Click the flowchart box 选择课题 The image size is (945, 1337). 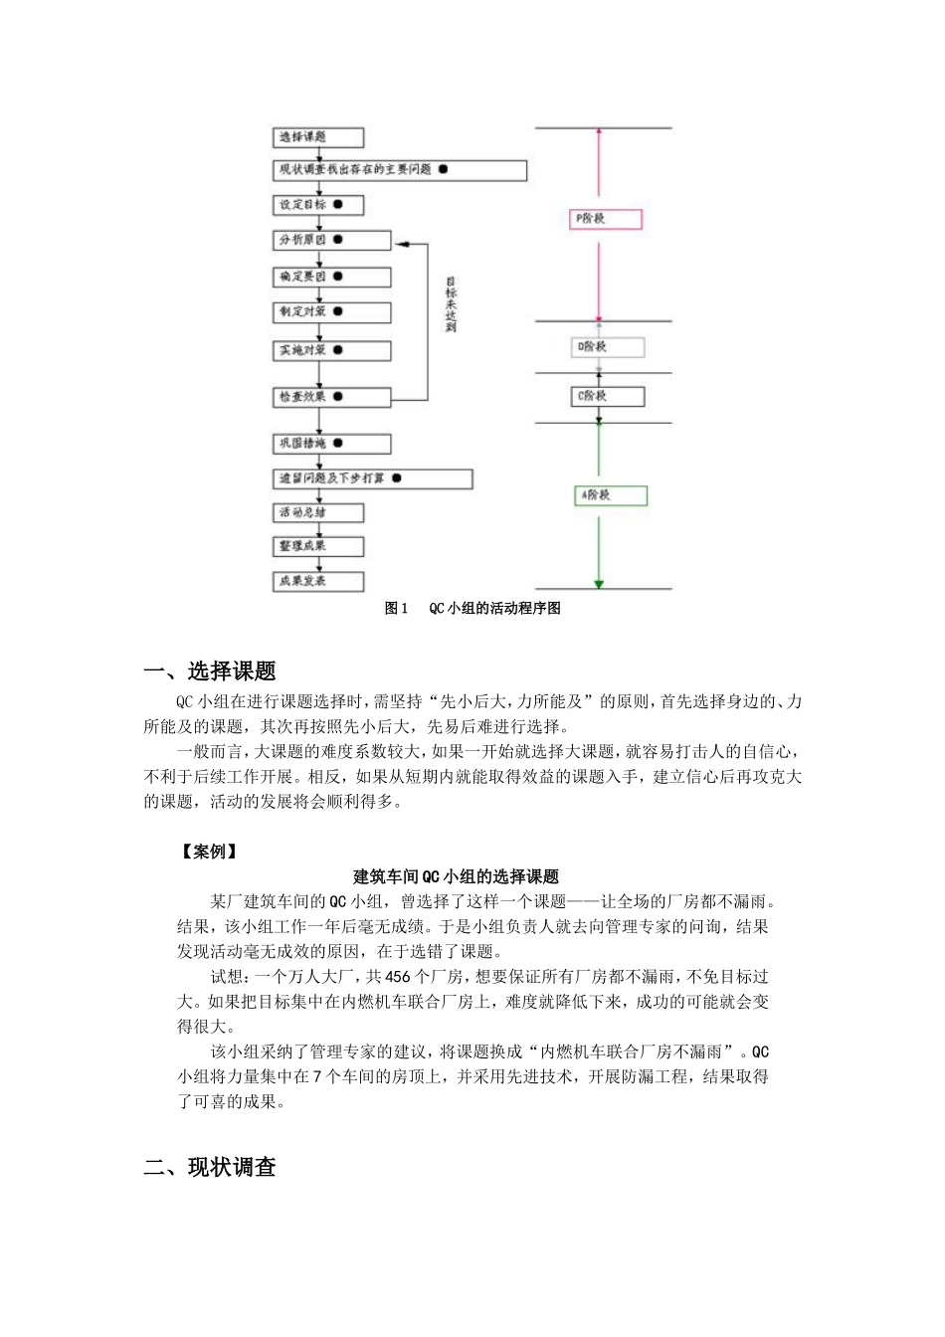click(x=318, y=137)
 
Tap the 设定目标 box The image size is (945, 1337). click(x=318, y=205)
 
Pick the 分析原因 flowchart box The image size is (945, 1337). click(x=332, y=240)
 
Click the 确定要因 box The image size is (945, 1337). click(x=332, y=277)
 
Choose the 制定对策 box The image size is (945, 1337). click(x=332, y=312)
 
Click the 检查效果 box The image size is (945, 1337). click(x=332, y=397)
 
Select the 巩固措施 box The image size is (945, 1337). click(x=332, y=444)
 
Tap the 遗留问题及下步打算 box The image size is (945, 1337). click(x=372, y=478)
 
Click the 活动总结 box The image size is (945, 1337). click(x=318, y=513)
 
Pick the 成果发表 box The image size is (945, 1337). click(x=318, y=581)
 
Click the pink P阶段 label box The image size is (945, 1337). click(x=605, y=219)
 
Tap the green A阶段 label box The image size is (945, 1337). click(x=611, y=494)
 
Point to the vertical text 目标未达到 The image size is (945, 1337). click(x=451, y=304)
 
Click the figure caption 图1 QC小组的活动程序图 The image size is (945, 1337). click(x=472, y=609)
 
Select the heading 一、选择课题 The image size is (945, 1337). click(x=210, y=671)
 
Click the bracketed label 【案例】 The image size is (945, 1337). click(x=209, y=852)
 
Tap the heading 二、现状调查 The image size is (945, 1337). click(x=210, y=1168)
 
